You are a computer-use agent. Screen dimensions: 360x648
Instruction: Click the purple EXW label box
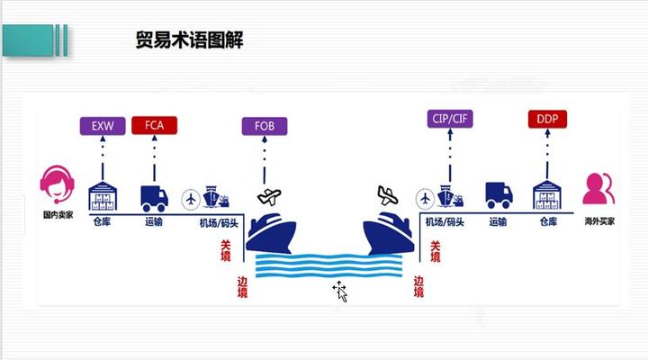point(103,126)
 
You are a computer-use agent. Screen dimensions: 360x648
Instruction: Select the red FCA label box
point(154,126)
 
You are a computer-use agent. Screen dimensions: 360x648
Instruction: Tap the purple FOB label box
point(264,126)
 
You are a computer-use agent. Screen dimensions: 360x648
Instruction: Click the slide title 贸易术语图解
point(189,40)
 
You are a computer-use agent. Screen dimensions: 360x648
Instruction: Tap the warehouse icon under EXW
point(103,196)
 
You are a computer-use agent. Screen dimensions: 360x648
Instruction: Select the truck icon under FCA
point(154,198)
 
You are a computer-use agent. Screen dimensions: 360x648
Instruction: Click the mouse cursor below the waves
point(340,291)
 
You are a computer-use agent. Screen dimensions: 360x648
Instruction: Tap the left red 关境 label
point(225,250)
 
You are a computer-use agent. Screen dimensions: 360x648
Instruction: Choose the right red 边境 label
point(418,286)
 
